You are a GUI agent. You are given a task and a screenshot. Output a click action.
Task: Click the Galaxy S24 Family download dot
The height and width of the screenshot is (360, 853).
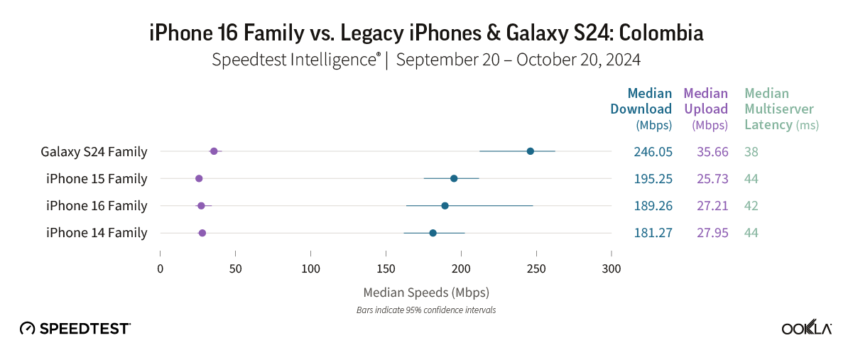point(530,151)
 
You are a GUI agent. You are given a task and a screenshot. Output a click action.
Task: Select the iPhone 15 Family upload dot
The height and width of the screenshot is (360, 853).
point(199,178)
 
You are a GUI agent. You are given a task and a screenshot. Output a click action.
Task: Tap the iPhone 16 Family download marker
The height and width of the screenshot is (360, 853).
point(445,206)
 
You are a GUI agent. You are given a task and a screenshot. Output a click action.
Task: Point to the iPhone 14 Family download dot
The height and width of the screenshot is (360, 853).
point(433,233)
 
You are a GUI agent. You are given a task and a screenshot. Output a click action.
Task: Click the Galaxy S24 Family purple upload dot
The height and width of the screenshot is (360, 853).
point(214,151)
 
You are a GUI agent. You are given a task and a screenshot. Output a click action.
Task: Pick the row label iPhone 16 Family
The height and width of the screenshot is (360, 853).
point(97,206)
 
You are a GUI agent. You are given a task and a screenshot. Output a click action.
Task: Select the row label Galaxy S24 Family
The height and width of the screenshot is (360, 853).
point(94,151)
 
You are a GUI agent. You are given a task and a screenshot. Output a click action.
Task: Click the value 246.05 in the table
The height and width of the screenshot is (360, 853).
point(653,151)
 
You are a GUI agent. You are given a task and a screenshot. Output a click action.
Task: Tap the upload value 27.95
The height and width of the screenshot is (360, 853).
point(710,233)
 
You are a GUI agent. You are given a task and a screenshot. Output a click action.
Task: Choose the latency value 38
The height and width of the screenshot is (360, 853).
point(751,151)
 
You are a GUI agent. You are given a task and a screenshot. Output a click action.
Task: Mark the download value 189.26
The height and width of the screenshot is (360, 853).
point(653,206)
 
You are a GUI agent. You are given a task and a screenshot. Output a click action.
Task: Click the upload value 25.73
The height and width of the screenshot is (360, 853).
point(710,178)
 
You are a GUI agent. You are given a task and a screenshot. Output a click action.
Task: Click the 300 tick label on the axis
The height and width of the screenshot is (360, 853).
point(611,269)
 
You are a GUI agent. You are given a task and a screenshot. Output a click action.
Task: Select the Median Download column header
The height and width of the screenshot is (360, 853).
point(641,109)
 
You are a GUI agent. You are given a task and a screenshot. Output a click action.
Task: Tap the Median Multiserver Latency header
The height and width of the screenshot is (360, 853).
point(780,109)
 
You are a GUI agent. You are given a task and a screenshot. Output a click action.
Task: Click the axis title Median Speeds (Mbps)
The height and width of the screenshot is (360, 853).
point(426,292)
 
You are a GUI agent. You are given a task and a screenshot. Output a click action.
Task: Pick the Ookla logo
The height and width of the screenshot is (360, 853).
point(807,327)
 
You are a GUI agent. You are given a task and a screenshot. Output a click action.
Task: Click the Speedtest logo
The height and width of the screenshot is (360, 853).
point(75,328)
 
